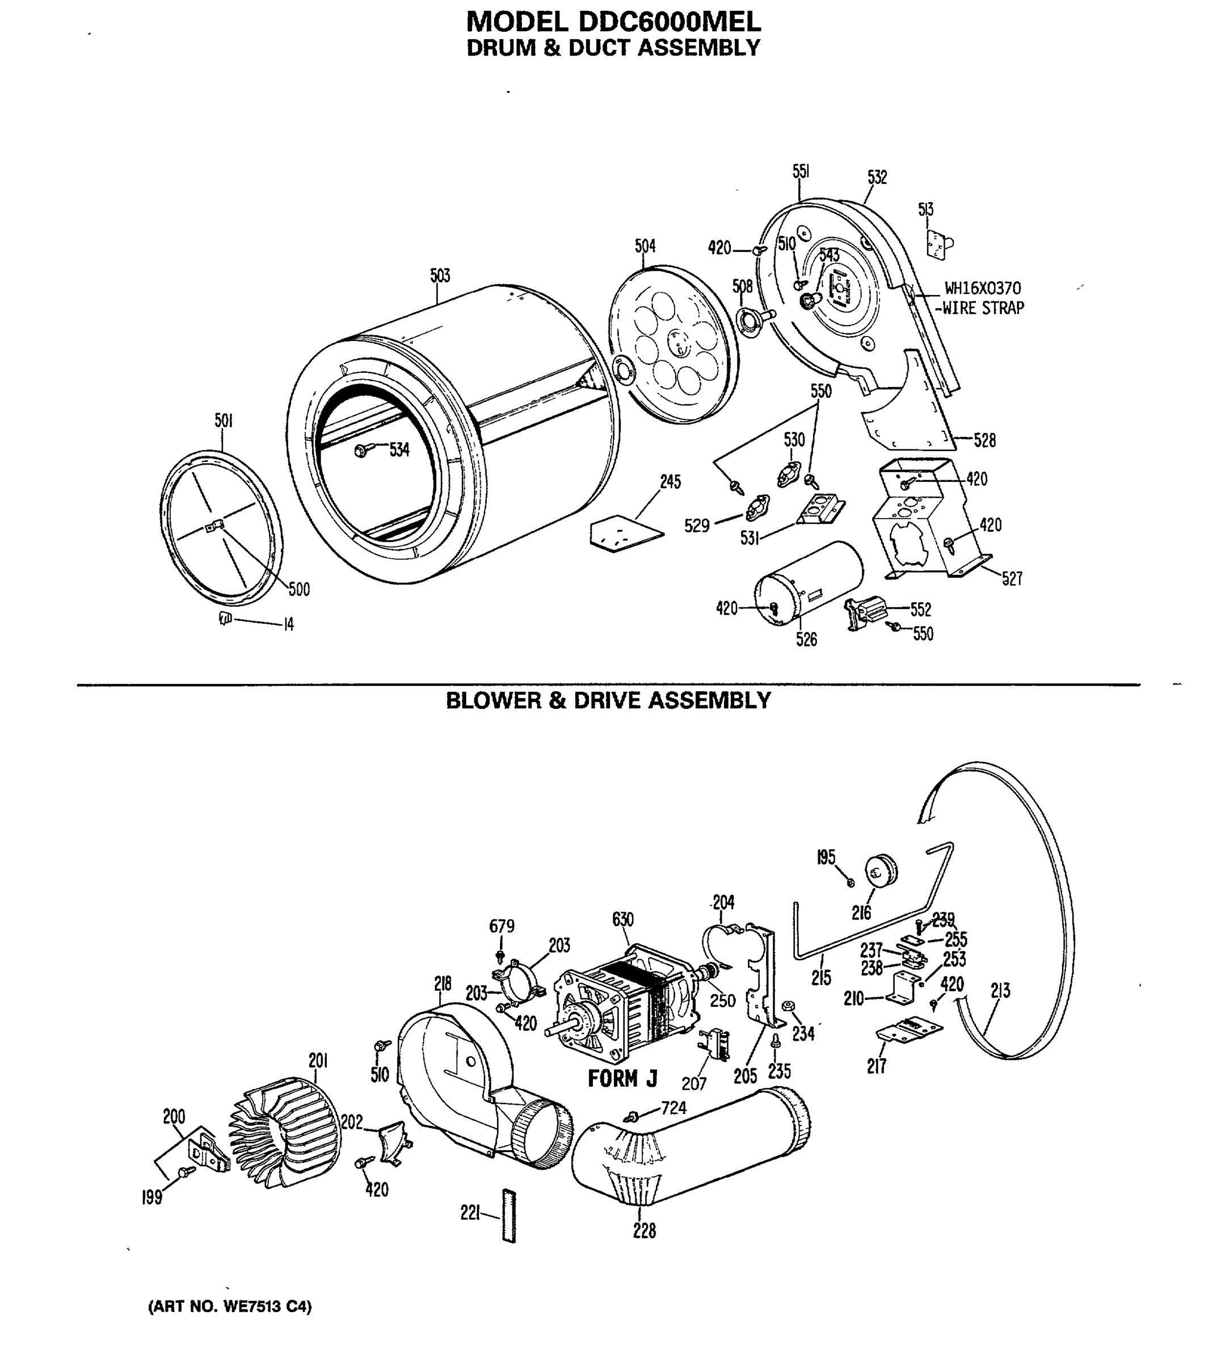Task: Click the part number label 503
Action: pos(440,275)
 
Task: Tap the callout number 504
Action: pos(645,246)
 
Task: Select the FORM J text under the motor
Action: pos(622,1079)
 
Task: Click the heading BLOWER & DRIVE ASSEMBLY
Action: pos(608,700)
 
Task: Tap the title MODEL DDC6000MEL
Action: pos(613,22)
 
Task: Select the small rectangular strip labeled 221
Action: pos(509,1215)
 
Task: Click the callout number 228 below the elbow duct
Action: pos(644,1230)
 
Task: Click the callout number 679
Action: pos(502,926)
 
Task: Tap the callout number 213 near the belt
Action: pos(1000,990)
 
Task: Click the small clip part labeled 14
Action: pos(225,618)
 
